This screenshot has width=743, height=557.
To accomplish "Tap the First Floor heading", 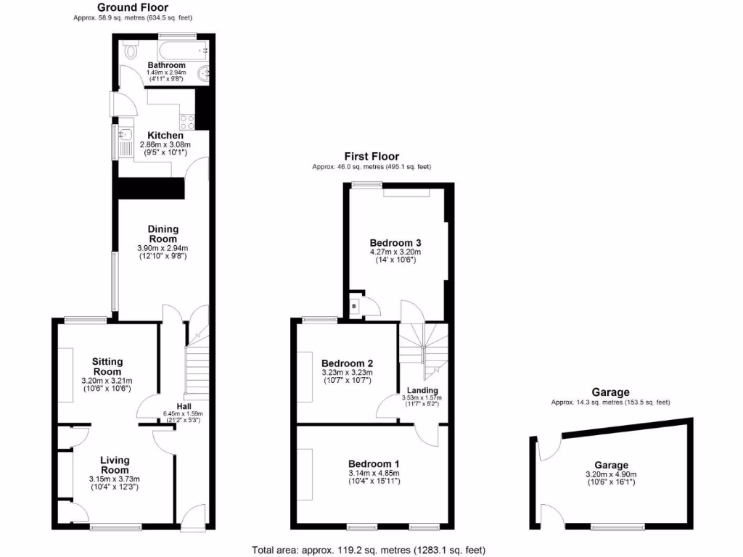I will coord(371,157).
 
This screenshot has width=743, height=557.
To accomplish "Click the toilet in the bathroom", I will coord(131,51).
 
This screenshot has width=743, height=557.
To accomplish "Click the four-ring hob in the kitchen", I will coord(186,123).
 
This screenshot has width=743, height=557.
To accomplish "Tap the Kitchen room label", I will coord(165,136).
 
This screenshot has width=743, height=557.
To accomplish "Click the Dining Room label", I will coord(163,234).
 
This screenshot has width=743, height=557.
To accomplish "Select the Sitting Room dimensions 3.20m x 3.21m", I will coord(107,381).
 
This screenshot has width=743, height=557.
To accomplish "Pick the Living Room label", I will coord(115,465).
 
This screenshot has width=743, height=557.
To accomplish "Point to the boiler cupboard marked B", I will coord(354,306).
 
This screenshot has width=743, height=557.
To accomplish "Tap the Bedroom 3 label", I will coord(395,243).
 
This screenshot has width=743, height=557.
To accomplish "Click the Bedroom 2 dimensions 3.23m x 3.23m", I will coord(347,373).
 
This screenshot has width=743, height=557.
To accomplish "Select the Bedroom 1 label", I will coord(374,464).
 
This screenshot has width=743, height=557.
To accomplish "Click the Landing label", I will coord(422,390).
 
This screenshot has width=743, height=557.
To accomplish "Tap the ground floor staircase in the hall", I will coord(197,370).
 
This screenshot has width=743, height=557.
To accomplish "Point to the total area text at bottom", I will coord(369,549).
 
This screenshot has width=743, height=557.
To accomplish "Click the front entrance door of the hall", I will coord(192,516).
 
